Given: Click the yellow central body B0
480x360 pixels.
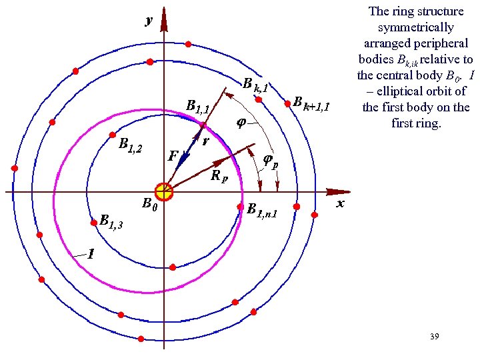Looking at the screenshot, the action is [163, 192].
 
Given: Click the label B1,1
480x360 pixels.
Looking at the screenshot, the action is [198, 106].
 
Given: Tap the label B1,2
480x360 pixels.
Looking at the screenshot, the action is [130, 145].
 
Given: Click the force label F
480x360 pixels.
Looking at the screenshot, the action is [173, 157].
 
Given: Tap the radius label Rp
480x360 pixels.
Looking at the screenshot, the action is [219, 177].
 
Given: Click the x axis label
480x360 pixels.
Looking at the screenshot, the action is [340, 203].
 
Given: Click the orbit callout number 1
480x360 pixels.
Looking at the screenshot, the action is [91, 254].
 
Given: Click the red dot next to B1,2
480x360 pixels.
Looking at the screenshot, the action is [113, 135].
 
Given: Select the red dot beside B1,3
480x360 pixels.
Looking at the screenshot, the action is [93, 223].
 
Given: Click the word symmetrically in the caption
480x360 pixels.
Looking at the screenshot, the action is [415, 28].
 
